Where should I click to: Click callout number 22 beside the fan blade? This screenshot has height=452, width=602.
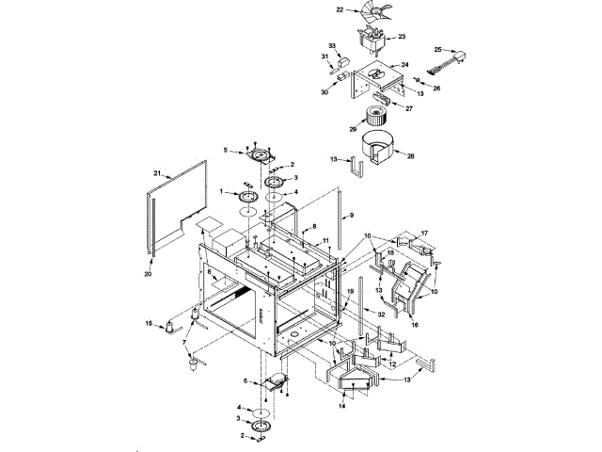pos(341,9)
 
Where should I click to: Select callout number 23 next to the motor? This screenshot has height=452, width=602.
pos(402,37)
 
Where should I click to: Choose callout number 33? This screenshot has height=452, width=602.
pos(332,45)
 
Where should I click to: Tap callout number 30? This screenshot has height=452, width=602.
pos(325,91)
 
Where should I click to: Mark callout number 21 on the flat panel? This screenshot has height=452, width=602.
pos(158,173)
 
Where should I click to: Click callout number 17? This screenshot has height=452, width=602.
pos(424,232)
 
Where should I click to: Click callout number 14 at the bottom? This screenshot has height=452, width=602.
pos(342,408)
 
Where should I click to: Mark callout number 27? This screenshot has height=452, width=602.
pos(410,108)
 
